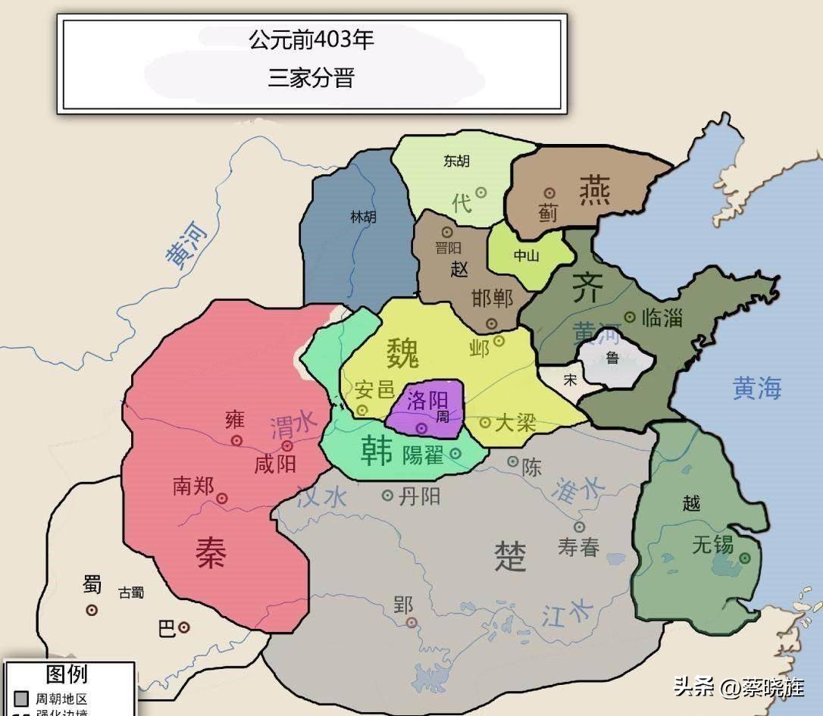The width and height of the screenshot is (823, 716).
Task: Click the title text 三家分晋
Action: tap(311, 78)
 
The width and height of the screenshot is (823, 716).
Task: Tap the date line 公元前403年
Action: tap(311, 39)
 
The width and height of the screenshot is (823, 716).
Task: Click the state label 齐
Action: tap(587, 288)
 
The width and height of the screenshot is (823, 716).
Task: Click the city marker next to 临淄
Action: tap(630, 317)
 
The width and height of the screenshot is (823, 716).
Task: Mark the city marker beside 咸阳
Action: tap(287, 446)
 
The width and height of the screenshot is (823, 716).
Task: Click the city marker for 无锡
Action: tap(745, 557)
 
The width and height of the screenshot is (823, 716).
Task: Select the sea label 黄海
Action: tap(756, 388)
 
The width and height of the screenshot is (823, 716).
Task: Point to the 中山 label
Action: tap(526, 255)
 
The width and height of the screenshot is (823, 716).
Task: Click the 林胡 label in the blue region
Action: tap(363, 216)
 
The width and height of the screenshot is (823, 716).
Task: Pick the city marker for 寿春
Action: tap(579, 527)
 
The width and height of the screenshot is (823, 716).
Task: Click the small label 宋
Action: tap(570, 380)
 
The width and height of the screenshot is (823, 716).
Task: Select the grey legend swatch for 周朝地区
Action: tap(20, 698)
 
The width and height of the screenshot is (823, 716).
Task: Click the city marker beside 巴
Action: tap(184, 627)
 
